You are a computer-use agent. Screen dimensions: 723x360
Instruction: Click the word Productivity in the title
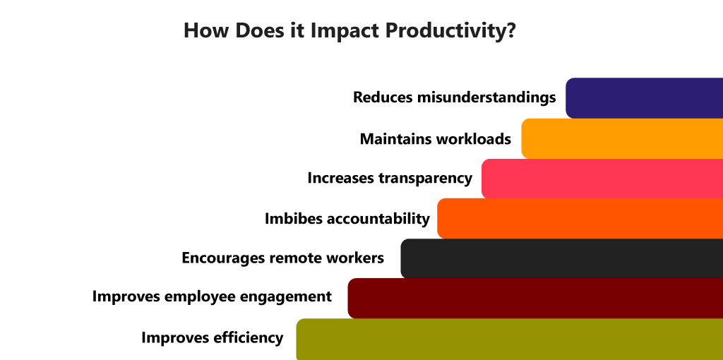[x=450, y=31]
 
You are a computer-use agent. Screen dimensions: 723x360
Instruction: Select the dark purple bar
[x=644, y=98]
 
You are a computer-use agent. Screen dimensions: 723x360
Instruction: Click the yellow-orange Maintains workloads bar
[x=622, y=139]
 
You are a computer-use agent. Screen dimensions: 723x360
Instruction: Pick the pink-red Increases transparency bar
[x=602, y=179]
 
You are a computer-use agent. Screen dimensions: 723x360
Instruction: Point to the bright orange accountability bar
[x=580, y=219]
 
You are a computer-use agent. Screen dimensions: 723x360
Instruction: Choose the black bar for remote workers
[x=561, y=258]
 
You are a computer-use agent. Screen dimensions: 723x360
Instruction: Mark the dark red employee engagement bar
[x=535, y=298]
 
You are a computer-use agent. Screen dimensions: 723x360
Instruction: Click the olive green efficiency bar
[x=510, y=340]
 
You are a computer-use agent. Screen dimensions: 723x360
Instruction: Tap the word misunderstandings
[x=486, y=97]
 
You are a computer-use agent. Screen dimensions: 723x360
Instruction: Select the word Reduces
[x=383, y=97]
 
